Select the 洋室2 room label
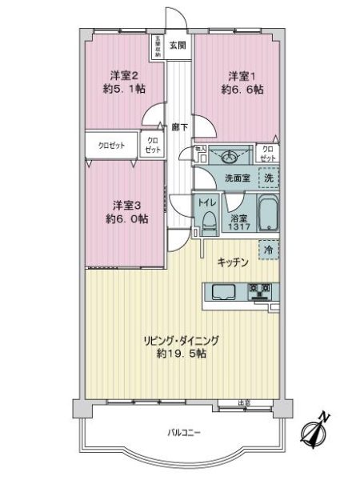124,76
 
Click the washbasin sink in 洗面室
234,154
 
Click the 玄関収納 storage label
158,45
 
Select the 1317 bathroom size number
238,226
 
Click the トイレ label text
206,203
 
